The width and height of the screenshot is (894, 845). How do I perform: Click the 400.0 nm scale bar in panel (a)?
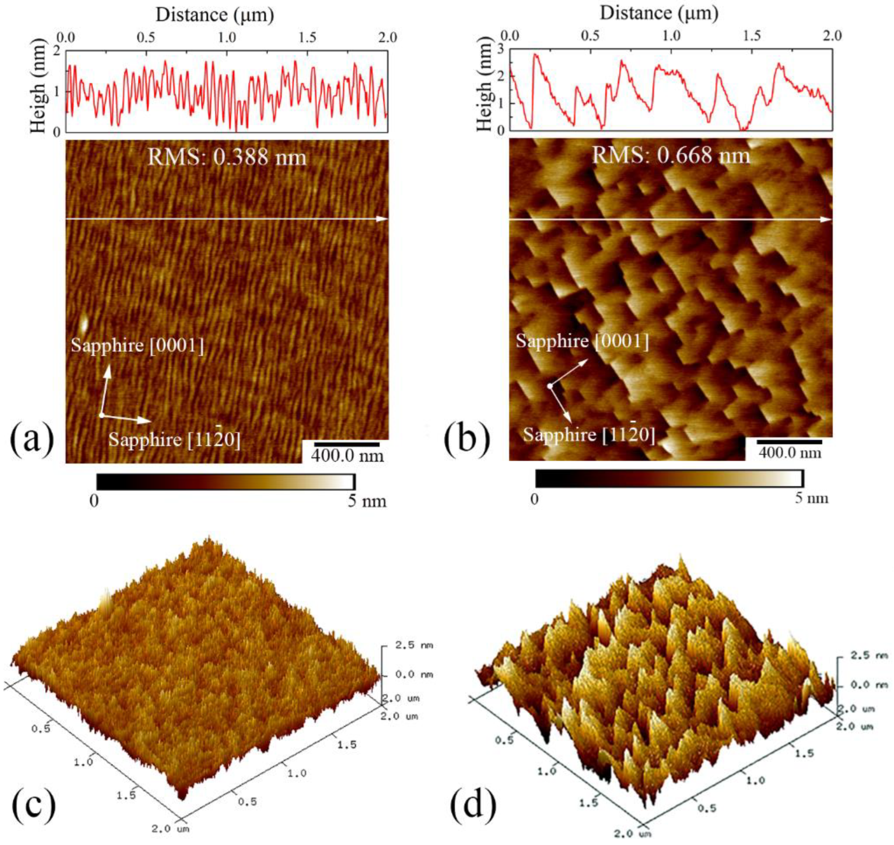click(347, 445)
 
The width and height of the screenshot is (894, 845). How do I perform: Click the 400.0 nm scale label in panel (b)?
click(789, 452)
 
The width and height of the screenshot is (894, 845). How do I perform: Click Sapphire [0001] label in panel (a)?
click(137, 345)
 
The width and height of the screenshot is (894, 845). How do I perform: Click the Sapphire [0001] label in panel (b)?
click(582, 341)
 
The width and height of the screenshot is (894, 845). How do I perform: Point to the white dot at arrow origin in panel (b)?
click(550, 386)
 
